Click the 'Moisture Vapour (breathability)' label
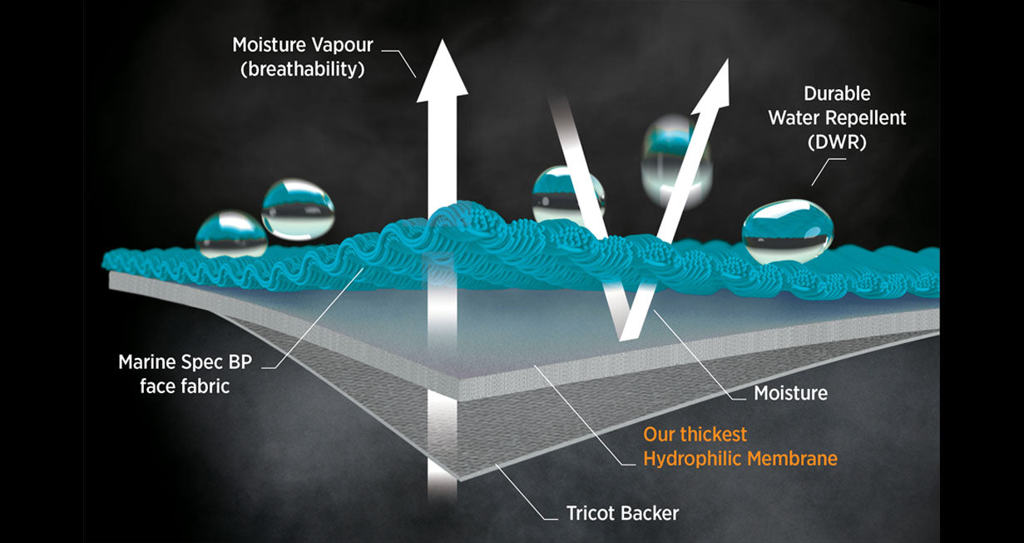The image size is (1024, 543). coord(302,57)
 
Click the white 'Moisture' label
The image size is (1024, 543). coord(790,392)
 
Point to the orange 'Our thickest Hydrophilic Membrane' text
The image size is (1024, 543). coord(740,446)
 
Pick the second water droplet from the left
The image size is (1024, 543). coord(298,207)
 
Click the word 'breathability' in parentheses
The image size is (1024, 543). coord(302,69)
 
